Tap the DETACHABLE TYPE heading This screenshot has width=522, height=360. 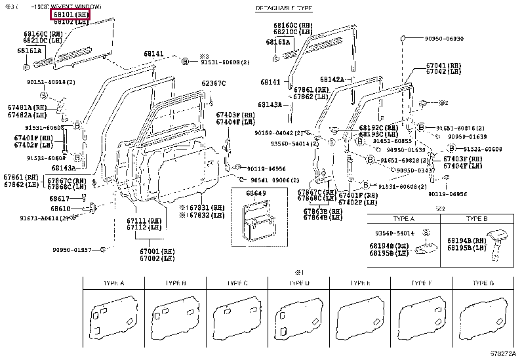[283, 9]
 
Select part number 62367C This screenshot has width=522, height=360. [213, 83]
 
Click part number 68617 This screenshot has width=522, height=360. [58, 198]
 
